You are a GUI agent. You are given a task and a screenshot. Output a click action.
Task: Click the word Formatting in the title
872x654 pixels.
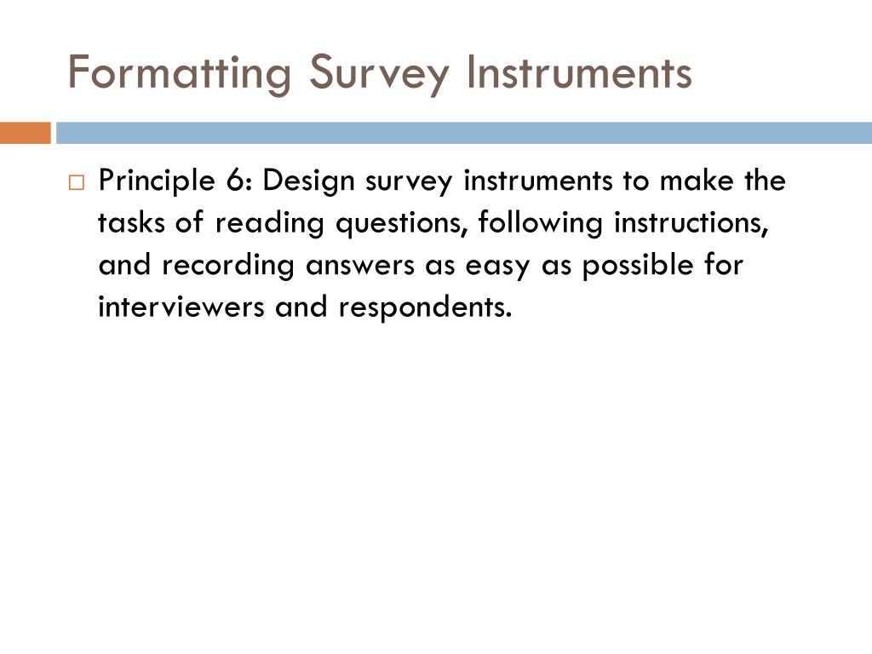[179, 72]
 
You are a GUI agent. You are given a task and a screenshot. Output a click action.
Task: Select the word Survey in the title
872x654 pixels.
[378, 72]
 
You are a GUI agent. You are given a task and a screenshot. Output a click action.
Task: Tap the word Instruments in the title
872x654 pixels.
[579, 72]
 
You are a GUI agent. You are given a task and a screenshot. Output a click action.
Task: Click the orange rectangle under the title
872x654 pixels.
[25, 134]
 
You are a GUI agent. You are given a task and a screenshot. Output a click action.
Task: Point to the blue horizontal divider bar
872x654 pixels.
[464, 134]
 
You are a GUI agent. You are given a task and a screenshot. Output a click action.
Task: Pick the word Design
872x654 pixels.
[299, 181]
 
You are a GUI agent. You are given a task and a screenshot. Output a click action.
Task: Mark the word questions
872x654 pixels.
[401, 223]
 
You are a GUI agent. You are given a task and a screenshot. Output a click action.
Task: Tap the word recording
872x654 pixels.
[227, 265]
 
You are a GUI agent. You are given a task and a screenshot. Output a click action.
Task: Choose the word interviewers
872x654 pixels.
[182, 306]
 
